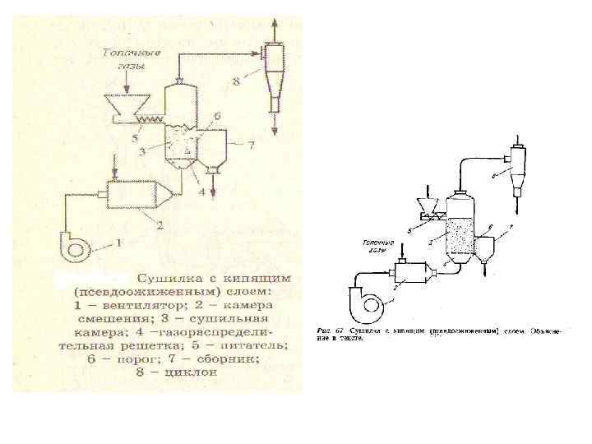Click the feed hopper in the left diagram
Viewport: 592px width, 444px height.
[x=129, y=105]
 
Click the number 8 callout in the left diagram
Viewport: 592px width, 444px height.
[x=236, y=81]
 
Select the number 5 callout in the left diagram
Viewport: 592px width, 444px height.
[x=134, y=138]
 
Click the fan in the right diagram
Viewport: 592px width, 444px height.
[x=368, y=306]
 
